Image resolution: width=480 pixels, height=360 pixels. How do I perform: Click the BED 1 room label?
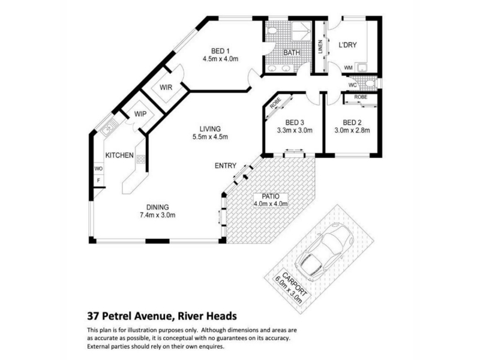click(220, 51)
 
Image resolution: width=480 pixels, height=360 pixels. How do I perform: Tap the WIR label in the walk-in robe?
click(166, 88)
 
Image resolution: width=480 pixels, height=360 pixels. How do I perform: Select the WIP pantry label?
click(140, 114)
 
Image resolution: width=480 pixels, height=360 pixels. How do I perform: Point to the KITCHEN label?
click(119, 155)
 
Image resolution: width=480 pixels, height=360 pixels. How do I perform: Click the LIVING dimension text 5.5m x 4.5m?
click(210, 137)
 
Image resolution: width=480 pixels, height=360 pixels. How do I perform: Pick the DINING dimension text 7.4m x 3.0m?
click(158, 215)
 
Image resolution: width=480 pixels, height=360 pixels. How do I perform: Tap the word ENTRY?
click(226, 166)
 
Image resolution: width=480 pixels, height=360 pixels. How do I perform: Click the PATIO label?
click(271, 196)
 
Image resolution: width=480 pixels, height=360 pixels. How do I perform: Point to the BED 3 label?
click(295, 123)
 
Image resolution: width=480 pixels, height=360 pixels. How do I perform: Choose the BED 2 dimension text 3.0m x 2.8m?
click(352, 130)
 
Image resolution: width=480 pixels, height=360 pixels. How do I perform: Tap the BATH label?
click(292, 53)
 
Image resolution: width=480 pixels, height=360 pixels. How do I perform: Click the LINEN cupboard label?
click(320, 47)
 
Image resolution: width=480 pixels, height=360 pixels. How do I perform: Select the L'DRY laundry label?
click(348, 45)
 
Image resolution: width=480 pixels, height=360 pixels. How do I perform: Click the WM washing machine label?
click(349, 68)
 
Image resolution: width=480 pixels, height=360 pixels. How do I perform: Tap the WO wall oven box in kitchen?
click(98, 169)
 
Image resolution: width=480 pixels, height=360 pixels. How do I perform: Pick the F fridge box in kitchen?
click(98, 181)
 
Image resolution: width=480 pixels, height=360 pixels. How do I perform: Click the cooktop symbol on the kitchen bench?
click(141, 159)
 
